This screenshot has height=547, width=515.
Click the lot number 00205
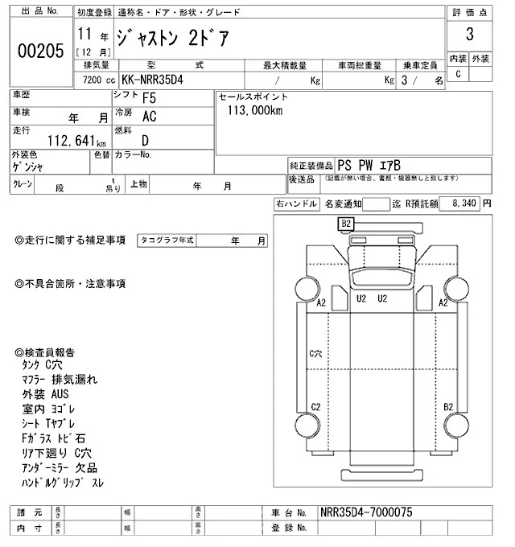tap(41, 50)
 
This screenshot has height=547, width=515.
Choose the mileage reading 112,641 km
tap(60, 138)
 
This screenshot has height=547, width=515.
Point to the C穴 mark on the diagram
tap(316, 353)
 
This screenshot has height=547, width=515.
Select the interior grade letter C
tap(458, 74)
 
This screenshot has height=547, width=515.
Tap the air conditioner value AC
tap(149, 118)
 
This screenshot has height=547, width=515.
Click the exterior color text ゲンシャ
tap(28, 167)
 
